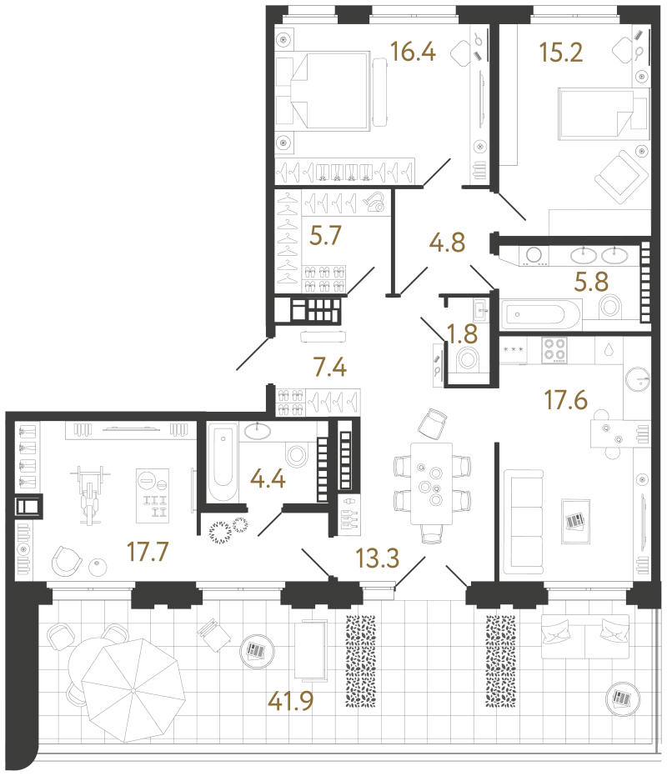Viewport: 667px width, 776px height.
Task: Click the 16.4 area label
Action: [413, 52]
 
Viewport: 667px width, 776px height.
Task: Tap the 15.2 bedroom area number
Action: [561, 52]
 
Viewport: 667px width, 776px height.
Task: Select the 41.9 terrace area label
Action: [291, 701]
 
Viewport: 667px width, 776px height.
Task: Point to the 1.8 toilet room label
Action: [462, 334]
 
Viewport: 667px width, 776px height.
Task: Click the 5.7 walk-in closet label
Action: [325, 236]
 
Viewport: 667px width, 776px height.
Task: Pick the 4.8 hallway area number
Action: [447, 243]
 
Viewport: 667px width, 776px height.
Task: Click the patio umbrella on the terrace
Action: [133, 690]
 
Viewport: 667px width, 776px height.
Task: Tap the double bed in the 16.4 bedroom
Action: [330, 91]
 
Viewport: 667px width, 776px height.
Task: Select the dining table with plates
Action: [431, 483]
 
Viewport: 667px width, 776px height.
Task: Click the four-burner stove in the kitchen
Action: [554, 350]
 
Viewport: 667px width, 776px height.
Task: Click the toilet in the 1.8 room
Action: [468, 358]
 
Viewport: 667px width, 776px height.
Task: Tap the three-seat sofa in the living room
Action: [524, 522]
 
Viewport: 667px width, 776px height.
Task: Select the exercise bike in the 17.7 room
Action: [90, 495]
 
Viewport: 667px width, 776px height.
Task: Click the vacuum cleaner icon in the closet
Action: [374, 203]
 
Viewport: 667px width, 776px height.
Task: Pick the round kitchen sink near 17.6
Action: [637, 379]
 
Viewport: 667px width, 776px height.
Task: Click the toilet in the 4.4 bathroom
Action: [297, 455]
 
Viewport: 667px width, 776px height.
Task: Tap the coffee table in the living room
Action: [575, 521]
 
